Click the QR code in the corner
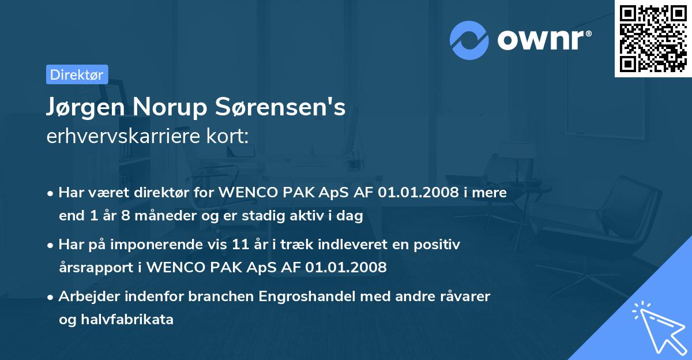point(653,39)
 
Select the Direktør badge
point(77,74)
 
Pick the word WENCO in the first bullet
point(245,193)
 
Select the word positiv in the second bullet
point(439,245)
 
